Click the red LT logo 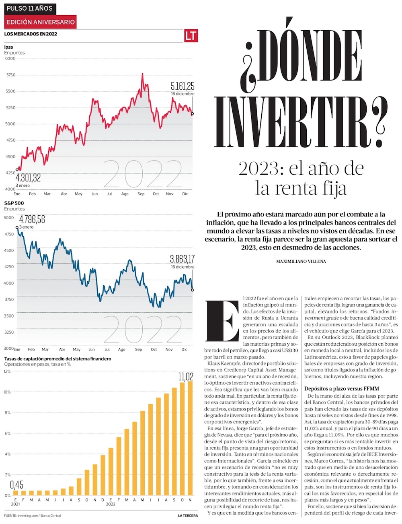(191, 35)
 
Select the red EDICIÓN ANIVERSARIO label (41, 22)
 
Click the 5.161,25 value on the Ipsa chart (182, 86)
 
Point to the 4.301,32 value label (28, 178)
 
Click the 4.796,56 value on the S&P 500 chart (32, 220)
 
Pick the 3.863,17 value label (182, 259)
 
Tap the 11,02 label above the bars (186, 376)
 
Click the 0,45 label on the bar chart (16, 485)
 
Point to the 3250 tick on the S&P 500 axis (9, 332)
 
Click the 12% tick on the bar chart (7, 371)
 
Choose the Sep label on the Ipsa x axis (141, 194)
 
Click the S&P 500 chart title (14, 203)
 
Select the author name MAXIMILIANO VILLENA (301, 262)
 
